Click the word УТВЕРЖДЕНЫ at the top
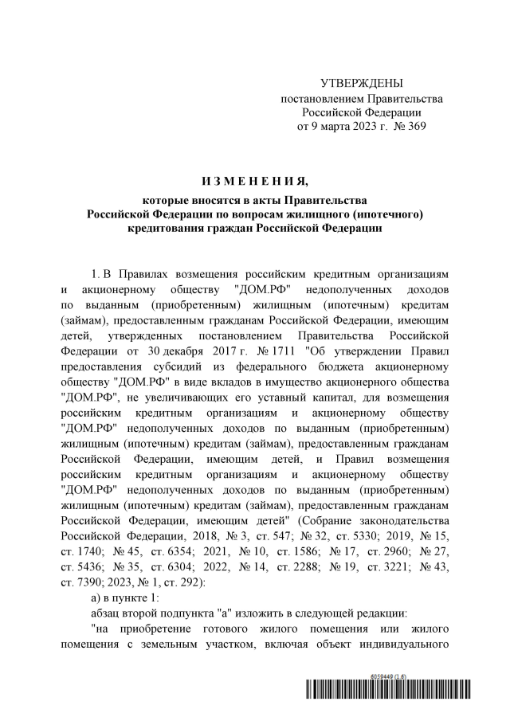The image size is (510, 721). coord(361,84)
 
